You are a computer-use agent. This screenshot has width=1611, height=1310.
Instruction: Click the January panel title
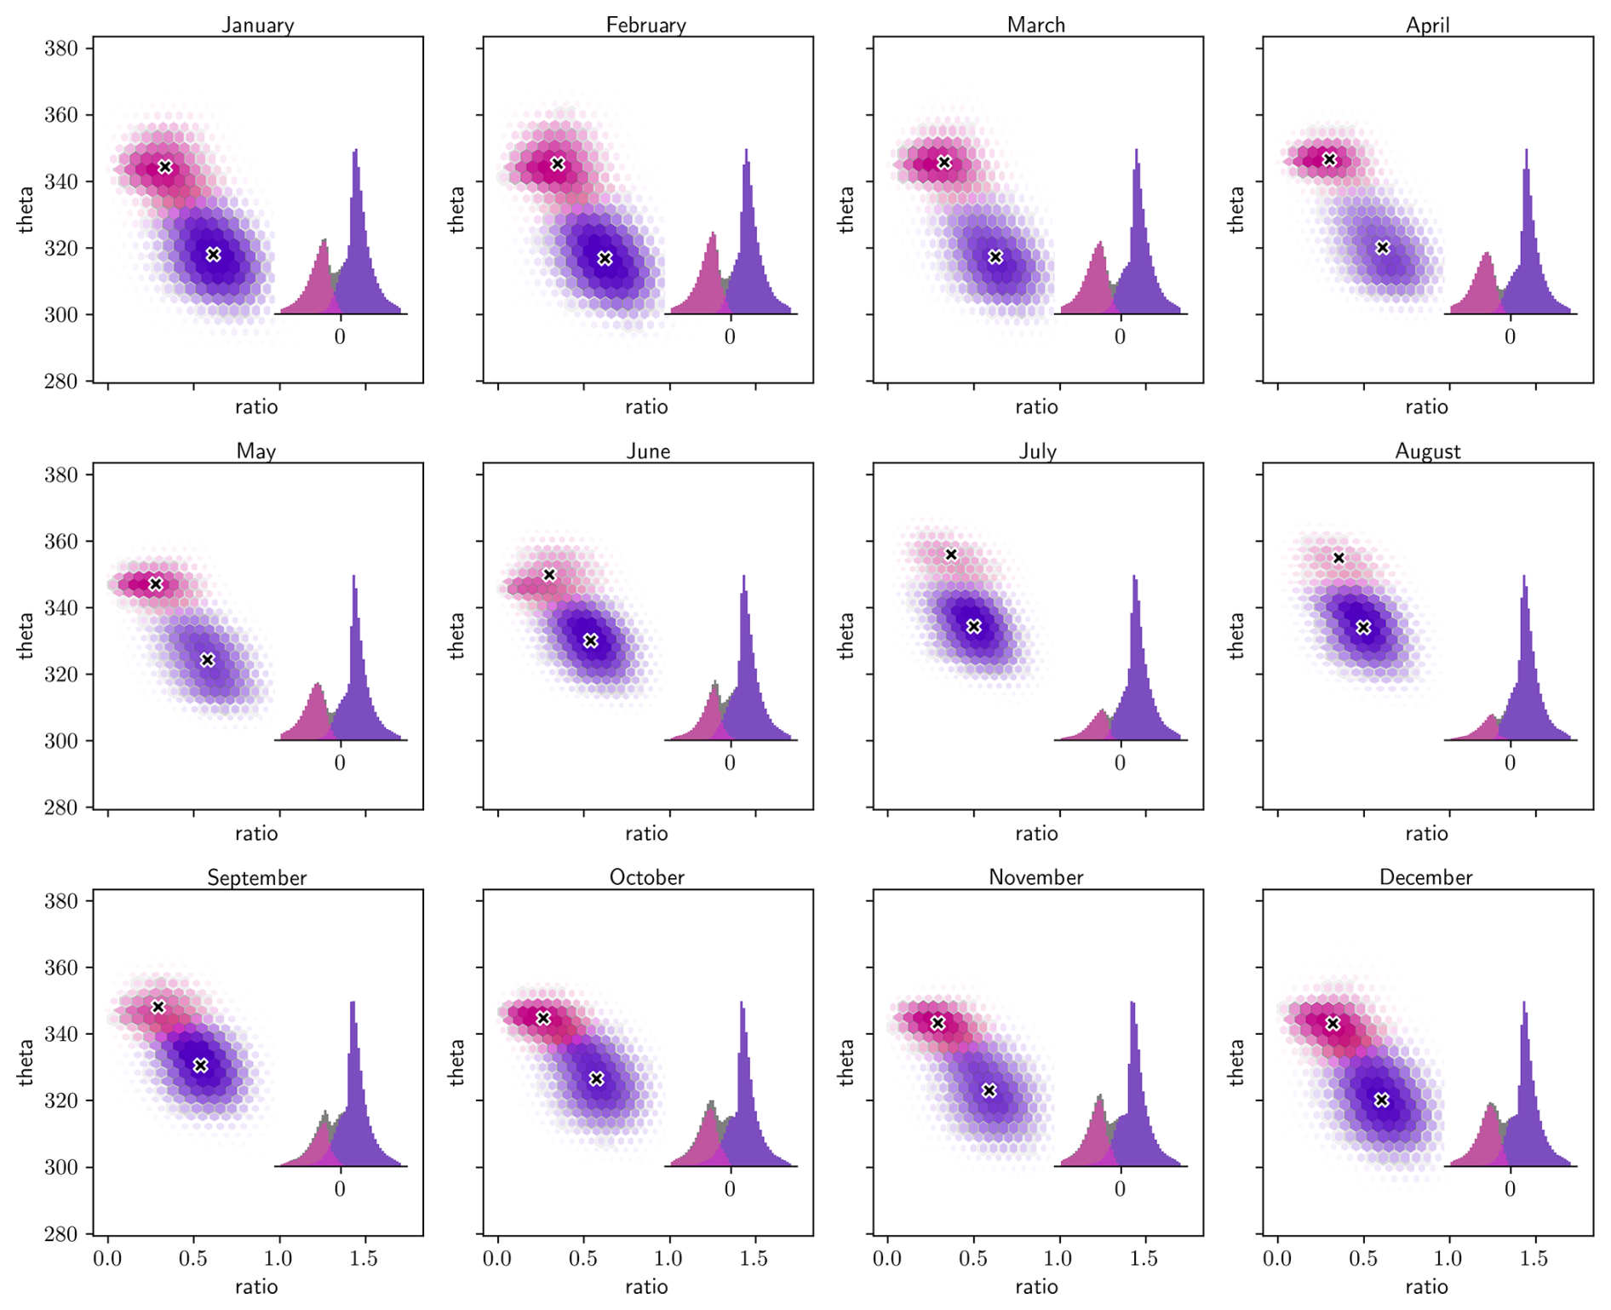pos(257,25)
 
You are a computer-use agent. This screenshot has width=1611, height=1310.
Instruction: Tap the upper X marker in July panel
pos(951,554)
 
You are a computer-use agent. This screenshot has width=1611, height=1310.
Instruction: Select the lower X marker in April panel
pos(1382,248)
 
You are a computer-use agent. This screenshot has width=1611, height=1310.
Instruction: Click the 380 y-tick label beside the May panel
pos(61,474)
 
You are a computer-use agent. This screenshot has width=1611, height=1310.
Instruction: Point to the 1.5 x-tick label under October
pos(754,1259)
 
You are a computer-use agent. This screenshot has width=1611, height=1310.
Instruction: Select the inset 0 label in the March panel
pos(1120,337)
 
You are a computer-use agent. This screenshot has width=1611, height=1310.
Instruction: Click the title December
pos(1425,877)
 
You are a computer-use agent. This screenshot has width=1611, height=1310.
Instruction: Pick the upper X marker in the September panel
pos(158,1007)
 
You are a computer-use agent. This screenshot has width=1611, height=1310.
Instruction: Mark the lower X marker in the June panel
pos(591,641)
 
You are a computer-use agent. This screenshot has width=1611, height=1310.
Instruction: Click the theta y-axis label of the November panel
pos(846,1062)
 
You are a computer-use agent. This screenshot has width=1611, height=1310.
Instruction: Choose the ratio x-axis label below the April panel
pos(1426,406)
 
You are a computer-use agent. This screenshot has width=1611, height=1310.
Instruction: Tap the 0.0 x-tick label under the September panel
pos(107,1259)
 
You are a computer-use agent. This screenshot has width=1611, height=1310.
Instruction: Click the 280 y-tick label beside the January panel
pos(61,381)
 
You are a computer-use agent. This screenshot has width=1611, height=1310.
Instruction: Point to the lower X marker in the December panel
pos(1381,1100)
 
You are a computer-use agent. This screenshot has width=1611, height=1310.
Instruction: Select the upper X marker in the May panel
pos(155,584)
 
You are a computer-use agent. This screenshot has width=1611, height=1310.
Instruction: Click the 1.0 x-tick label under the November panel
pos(1059,1259)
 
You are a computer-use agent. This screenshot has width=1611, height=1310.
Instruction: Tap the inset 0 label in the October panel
pos(730,1189)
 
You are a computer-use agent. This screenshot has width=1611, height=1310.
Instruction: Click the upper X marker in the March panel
pos(943,162)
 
